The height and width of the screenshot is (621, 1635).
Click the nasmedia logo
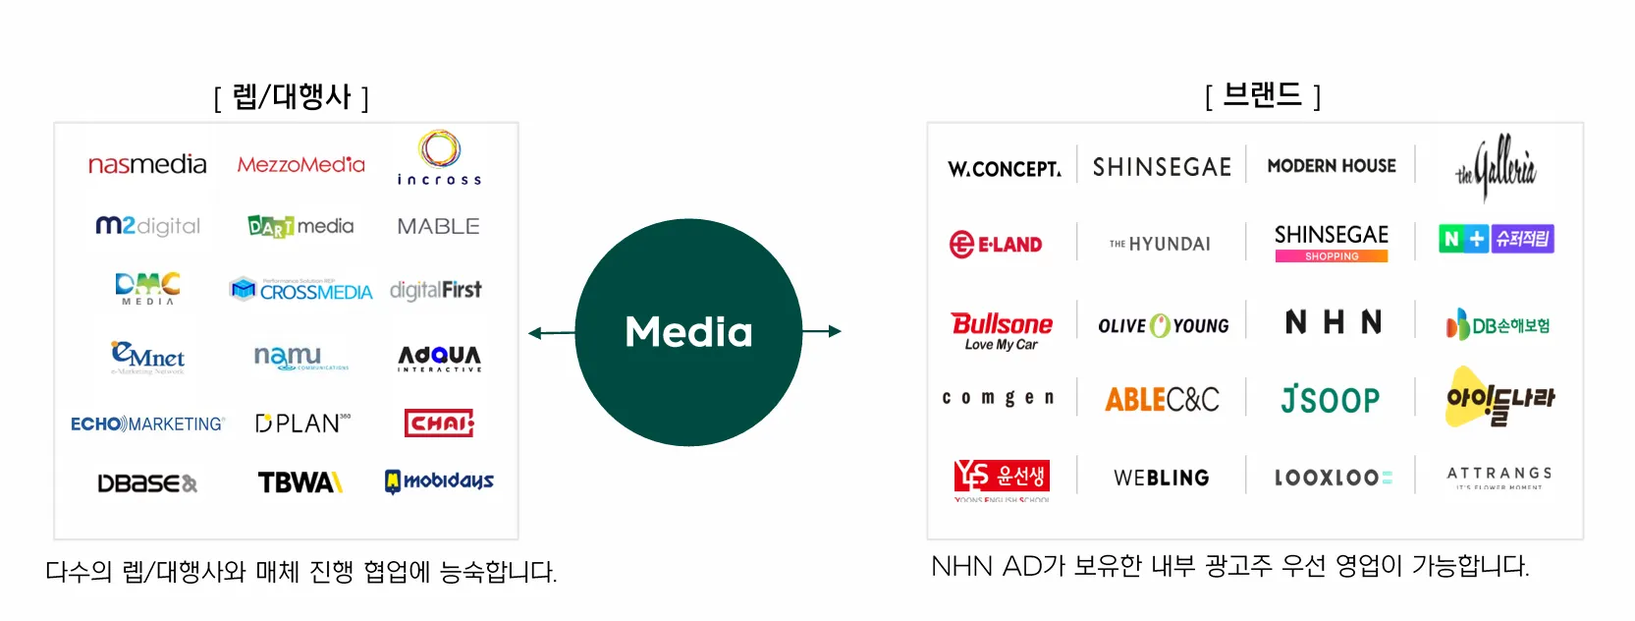[x=147, y=164]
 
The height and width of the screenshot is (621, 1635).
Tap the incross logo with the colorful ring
[x=439, y=157]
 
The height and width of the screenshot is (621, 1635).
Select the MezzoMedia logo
[x=300, y=164]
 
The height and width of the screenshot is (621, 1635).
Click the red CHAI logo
[x=439, y=423]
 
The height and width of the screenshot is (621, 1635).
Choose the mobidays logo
[x=439, y=481]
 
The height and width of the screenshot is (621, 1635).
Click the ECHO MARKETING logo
[x=147, y=423]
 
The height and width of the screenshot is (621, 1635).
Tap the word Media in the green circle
[x=688, y=332]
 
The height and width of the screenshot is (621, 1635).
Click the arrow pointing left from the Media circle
[x=550, y=333]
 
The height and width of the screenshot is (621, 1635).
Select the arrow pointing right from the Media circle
[x=823, y=331]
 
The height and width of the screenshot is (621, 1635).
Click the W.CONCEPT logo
[x=1004, y=169]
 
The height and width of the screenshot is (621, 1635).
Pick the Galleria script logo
[x=1497, y=167]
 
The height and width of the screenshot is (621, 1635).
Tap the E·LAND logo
[x=996, y=244]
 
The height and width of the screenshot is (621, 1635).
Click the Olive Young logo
[x=1163, y=325]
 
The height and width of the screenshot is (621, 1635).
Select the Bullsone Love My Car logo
[x=1001, y=330]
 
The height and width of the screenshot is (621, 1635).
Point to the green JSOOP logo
[x=1331, y=399]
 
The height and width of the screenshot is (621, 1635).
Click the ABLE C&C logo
[x=1162, y=399]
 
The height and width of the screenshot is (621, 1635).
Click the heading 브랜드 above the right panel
[x=1263, y=95]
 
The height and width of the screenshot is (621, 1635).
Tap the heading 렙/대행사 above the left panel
[x=292, y=97]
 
